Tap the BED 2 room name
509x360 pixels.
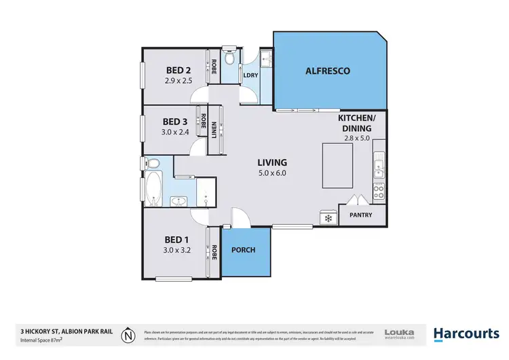pos(178,69)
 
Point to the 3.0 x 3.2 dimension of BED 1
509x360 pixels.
pos(178,250)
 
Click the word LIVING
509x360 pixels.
pos(272,162)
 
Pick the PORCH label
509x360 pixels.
pos(244,250)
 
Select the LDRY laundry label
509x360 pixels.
pos(250,75)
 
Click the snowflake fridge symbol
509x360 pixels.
pos(328,218)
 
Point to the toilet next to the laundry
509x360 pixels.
pos(230,60)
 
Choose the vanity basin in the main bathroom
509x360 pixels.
pos(179,201)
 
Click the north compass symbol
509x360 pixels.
pos(127,334)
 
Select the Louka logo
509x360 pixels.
pos(399,333)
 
